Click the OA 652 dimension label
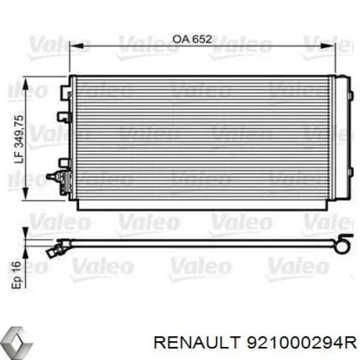[192, 39]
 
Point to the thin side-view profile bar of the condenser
[202, 243]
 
